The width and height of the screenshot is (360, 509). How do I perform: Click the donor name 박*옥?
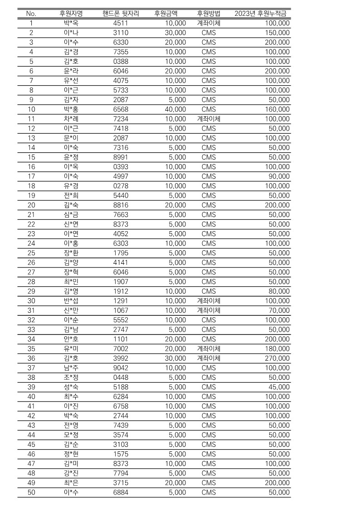(72, 23)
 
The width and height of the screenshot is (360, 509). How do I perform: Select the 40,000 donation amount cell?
(175, 109)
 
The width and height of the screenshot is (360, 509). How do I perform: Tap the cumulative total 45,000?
(278, 387)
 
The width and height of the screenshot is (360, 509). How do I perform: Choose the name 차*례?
(72, 119)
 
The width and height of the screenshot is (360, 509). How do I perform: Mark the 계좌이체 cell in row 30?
(209, 301)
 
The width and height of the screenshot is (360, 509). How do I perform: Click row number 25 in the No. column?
(31, 253)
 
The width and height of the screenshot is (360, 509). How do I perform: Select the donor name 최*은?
(72, 483)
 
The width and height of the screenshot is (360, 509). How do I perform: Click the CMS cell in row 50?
(209, 492)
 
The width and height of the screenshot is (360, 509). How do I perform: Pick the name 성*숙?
(72, 387)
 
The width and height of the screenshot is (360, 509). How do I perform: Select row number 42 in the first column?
(31, 416)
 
